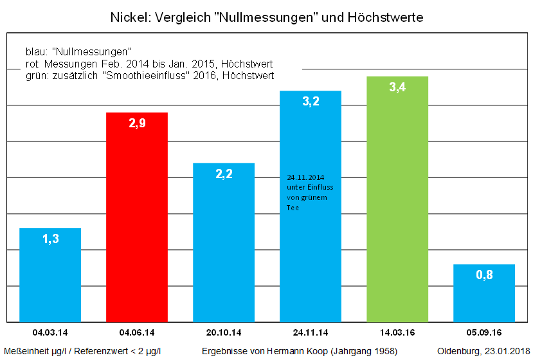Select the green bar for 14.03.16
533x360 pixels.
[x=397, y=206]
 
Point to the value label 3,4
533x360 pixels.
[x=397, y=87]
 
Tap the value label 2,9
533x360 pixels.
[x=137, y=123]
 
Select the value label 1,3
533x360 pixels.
[x=50, y=239]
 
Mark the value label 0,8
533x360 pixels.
[x=484, y=275]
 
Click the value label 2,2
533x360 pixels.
[x=224, y=174]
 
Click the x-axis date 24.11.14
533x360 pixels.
[x=310, y=332]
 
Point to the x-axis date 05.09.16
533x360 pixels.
[x=483, y=332]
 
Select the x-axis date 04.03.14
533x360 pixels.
[x=50, y=332]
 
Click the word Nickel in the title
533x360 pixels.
[x=127, y=17]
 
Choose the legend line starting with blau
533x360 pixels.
[x=78, y=51]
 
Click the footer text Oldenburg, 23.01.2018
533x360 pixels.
[x=482, y=351]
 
